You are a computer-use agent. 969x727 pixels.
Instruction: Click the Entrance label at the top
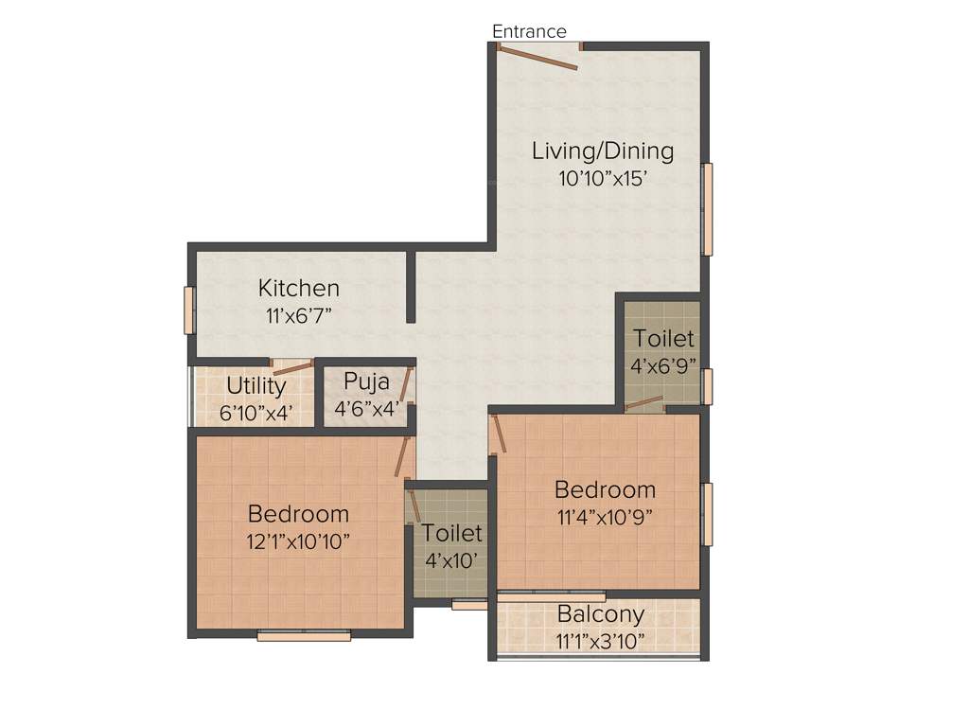point(529,31)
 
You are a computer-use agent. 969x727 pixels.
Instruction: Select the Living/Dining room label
point(603,151)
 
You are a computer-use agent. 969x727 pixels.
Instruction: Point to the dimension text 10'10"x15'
point(603,177)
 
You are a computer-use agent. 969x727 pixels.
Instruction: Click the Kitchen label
point(299,288)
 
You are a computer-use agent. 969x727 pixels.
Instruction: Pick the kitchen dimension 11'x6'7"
point(299,314)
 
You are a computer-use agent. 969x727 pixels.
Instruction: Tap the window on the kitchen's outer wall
point(188,310)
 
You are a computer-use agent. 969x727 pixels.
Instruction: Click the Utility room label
point(255,386)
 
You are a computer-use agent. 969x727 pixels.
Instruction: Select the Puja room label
point(366,381)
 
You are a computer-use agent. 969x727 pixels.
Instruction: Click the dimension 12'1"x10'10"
point(299,541)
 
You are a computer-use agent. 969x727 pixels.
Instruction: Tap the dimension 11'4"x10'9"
point(605,517)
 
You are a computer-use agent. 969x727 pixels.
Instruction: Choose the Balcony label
point(601,614)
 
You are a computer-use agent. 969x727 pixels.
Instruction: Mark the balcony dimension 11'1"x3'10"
point(601,641)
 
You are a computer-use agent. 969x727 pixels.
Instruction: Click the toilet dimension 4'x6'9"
point(663,366)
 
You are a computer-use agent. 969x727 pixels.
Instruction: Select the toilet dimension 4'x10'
point(451,560)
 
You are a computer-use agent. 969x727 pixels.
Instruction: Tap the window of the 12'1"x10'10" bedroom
point(304,636)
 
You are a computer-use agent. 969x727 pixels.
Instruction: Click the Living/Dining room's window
point(707,209)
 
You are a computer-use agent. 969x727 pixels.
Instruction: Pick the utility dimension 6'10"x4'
point(255,413)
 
